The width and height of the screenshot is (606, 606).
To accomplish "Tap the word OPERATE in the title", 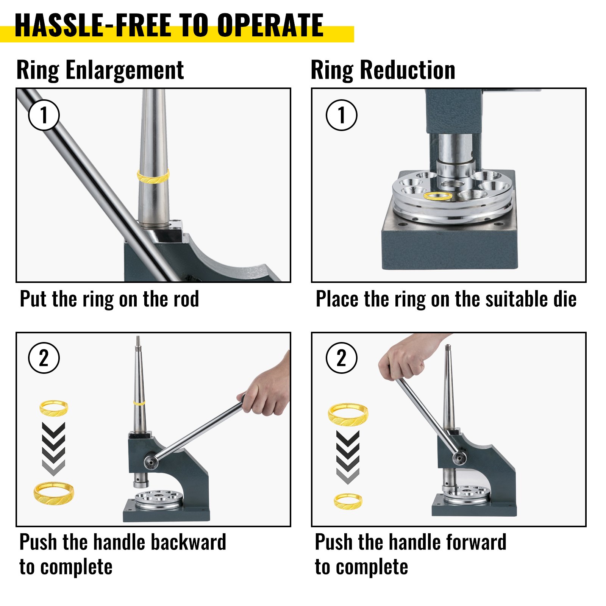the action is (x=270, y=25).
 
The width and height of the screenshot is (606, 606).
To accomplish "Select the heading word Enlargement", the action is (x=125, y=70).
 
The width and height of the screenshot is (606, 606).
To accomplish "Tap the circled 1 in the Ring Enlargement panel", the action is (x=44, y=115).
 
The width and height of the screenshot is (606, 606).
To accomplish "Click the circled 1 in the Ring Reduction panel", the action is (x=342, y=115).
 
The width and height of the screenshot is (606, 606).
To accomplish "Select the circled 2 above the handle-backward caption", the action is (x=44, y=358).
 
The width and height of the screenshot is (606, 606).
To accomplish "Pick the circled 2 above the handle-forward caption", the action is (x=342, y=358).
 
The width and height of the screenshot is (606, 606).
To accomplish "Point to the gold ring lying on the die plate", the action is (x=438, y=196).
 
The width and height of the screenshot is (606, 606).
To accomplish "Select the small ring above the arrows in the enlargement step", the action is (x=54, y=408).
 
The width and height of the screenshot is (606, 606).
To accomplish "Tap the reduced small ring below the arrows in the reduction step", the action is (x=348, y=501).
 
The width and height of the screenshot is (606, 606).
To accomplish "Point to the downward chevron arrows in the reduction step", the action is (x=348, y=457).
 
